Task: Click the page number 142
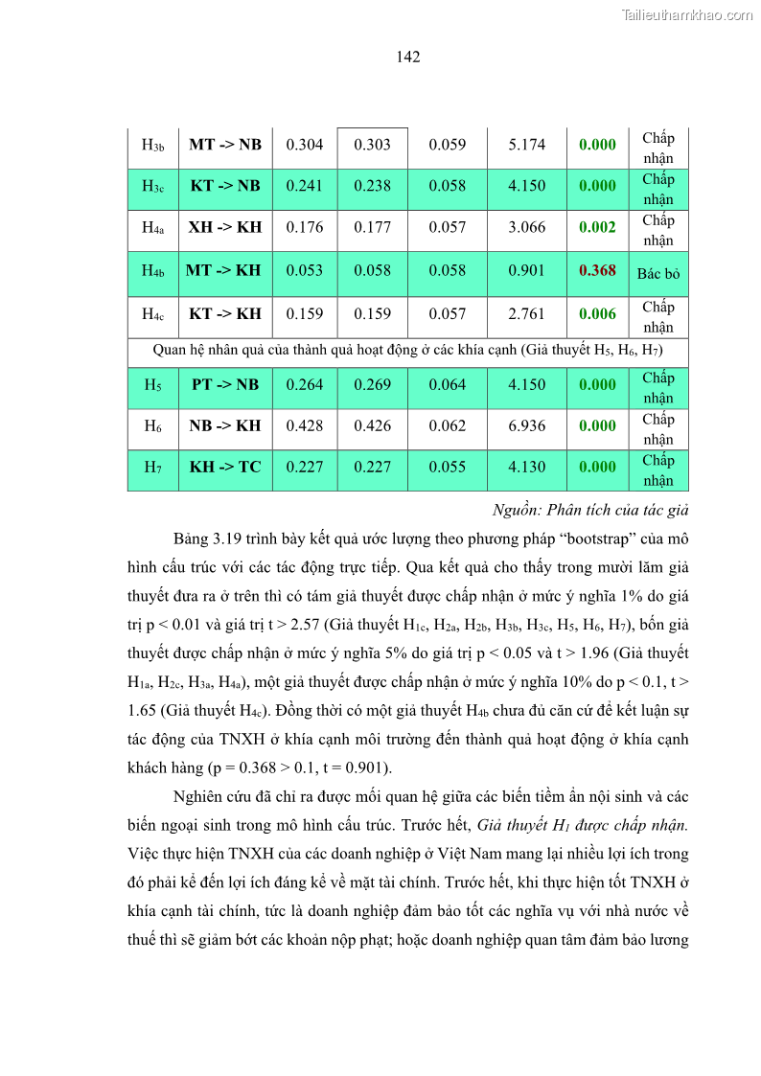pos(407,57)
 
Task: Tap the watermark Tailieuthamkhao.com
pos(687,14)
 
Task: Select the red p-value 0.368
pos(597,271)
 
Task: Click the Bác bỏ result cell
pos(657,273)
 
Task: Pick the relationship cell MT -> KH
pos(224,271)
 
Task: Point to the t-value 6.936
pos(526,426)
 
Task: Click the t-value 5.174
pos(526,145)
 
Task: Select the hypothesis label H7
pos(152,468)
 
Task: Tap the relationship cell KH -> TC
pos(224,468)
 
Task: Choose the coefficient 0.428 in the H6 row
pos(305,426)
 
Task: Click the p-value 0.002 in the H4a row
pos(597,228)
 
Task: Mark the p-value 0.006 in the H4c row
pos(597,313)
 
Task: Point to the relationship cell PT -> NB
pos(224,385)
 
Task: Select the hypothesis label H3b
pos(152,146)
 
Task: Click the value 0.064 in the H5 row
pos(447,385)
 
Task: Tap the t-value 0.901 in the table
pos(526,271)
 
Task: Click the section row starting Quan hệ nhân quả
pos(407,350)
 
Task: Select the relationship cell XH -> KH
pos(224,228)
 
